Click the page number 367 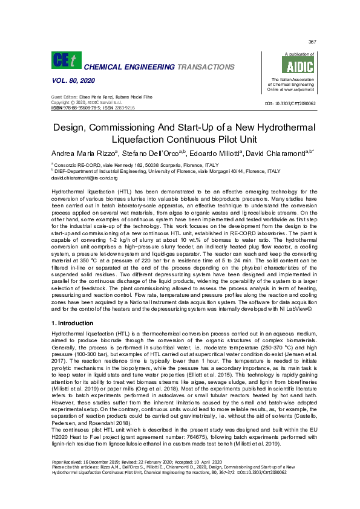pos(313,42)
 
